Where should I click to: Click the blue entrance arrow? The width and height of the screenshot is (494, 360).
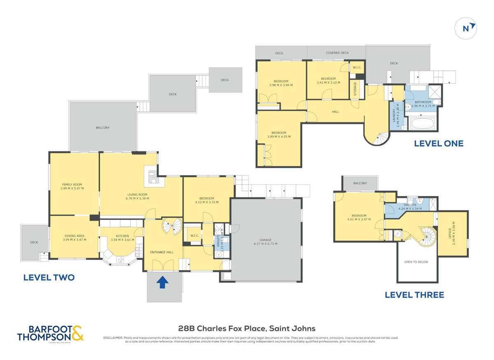163,282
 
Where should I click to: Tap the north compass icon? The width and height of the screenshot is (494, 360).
466,28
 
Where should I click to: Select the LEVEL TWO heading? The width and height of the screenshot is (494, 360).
49,278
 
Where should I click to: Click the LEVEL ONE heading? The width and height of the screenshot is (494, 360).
438,144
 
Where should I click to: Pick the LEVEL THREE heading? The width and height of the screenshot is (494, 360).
414,295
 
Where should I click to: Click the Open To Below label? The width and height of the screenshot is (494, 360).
416,262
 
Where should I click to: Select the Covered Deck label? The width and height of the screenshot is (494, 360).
337,53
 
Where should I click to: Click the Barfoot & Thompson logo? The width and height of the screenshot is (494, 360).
50,333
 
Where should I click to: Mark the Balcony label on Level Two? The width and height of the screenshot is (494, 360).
103,128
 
